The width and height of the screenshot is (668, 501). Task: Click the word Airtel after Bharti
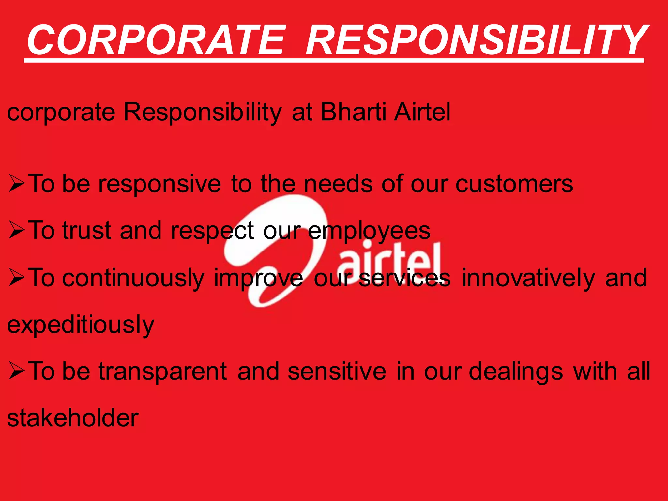(422, 112)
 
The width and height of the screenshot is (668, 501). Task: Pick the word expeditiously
(81, 325)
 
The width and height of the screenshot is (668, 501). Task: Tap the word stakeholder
(73, 418)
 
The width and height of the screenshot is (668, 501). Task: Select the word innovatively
(528, 278)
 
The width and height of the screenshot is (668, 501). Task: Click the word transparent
(163, 371)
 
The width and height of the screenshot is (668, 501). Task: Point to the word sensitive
(337, 371)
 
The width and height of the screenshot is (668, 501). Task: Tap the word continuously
(133, 278)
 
